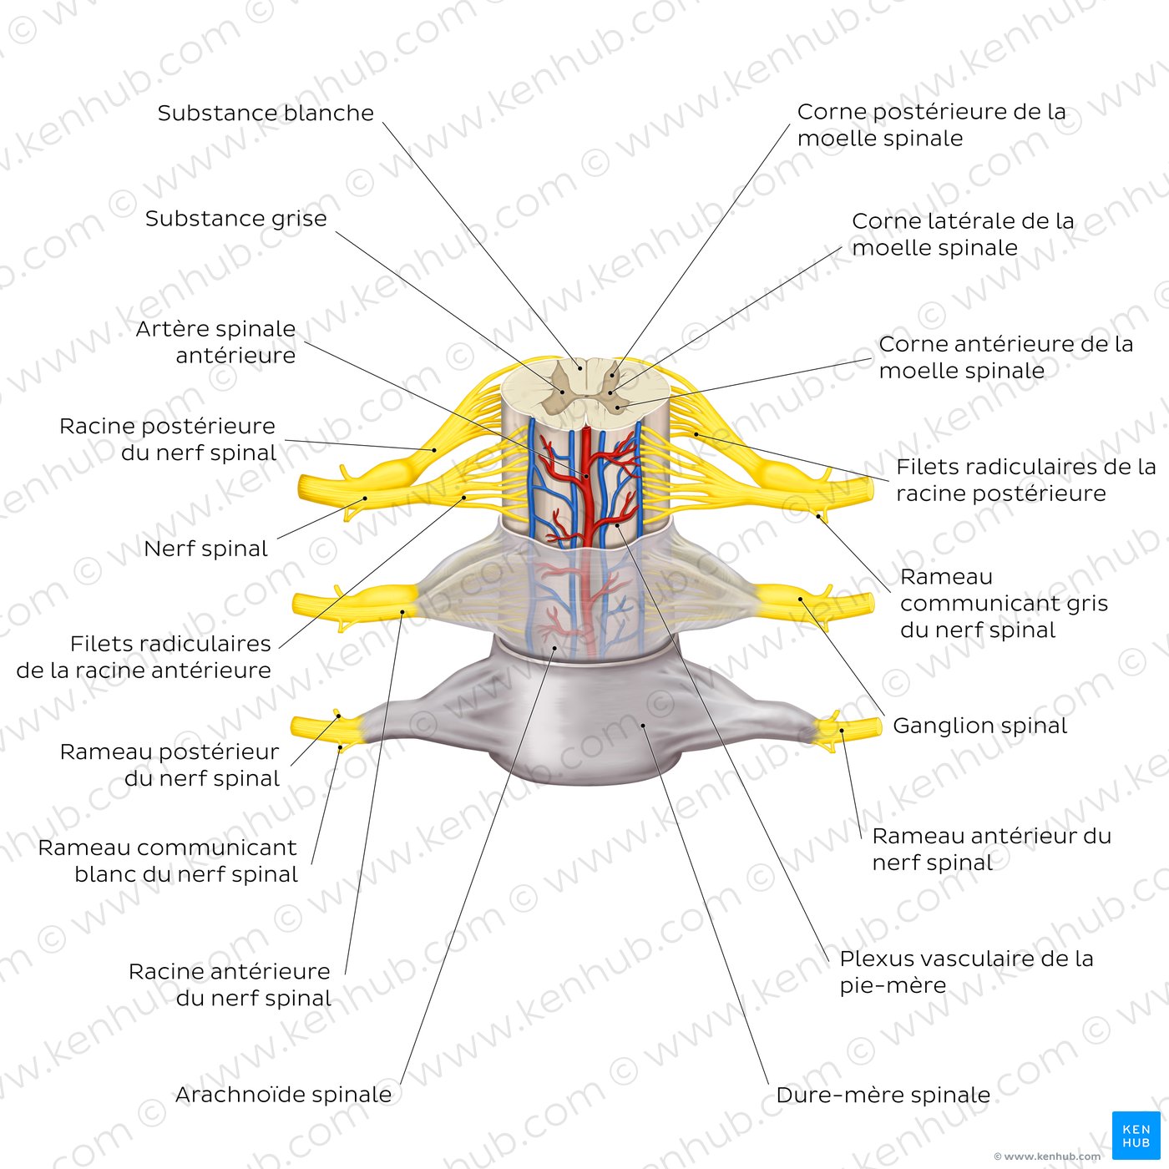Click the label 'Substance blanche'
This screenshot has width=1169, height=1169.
[266, 113]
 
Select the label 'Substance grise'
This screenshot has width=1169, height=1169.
[235, 219]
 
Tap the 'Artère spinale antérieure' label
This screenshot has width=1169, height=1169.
[216, 342]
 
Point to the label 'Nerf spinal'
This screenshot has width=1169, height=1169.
[205, 549]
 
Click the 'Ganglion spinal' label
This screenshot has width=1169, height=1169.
[979, 726]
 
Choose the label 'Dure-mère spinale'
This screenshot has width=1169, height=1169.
[883, 1095]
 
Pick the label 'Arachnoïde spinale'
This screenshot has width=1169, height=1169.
[283, 1095]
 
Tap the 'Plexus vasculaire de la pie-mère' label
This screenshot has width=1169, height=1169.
[966, 971]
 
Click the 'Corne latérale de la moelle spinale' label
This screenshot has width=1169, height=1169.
[962, 234]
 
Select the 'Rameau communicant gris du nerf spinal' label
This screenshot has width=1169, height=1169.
[1003, 603]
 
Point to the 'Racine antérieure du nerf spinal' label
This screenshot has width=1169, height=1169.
[230, 984]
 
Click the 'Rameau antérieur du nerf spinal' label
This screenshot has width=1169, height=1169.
[991, 848]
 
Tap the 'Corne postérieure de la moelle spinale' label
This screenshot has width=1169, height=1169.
[931, 124]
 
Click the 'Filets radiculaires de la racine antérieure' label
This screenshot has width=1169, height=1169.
[144, 656]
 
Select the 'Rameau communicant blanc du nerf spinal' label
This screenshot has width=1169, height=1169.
[169, 860]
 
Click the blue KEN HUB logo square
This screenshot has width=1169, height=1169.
[1136, 1135]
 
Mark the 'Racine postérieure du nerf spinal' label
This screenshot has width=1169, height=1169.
[168, 439]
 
